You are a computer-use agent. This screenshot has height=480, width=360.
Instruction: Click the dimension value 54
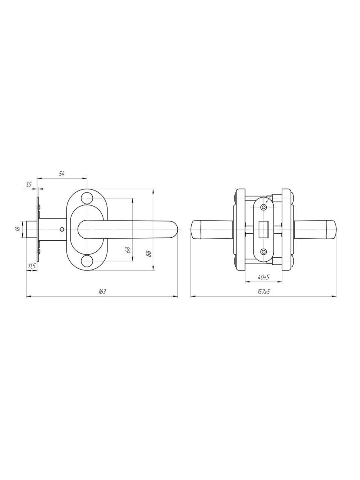coord(61,174)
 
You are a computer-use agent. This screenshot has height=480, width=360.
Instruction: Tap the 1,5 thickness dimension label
coord(29,184)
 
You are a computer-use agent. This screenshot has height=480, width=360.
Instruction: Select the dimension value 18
coord(18,229)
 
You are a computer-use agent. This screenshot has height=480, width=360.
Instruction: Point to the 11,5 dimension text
coord(32,266)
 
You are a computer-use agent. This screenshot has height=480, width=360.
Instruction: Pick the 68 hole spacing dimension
coord(129,250)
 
